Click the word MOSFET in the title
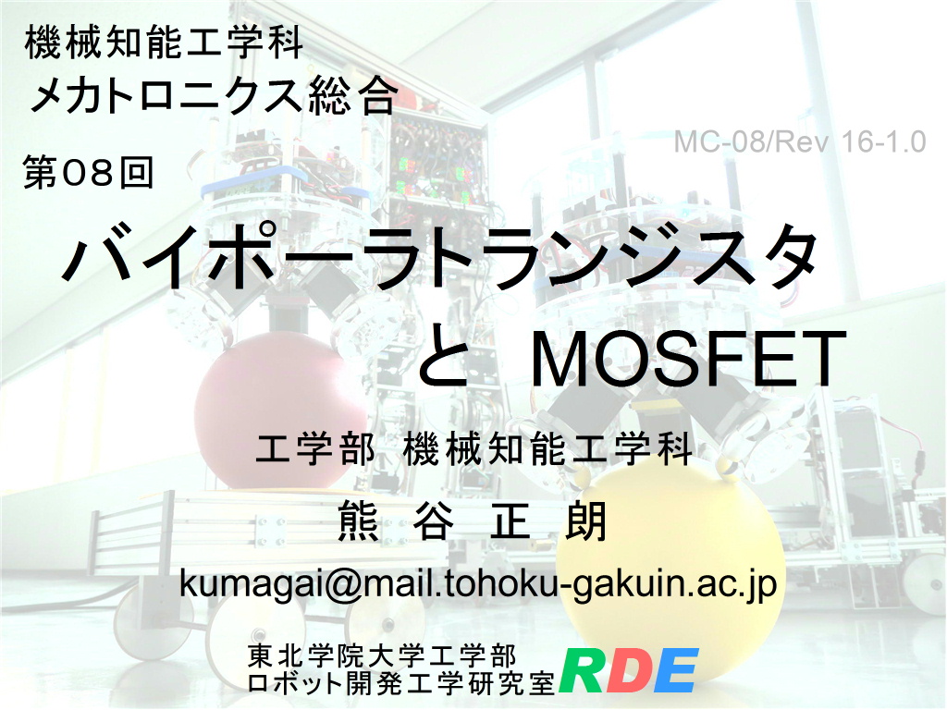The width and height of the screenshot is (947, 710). click(x=688, y=360)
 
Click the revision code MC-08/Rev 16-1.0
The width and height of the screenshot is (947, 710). click(x=800, y=142)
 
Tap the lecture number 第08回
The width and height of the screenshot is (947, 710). click(x=88, y=172)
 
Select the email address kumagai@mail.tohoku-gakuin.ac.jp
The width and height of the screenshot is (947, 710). click(x=478, y=583)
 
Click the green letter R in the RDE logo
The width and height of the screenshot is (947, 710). click(x=584, y=670)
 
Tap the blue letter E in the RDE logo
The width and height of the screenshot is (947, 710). click(x=675, y=670)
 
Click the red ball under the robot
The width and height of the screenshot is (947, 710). click(x=282, y=410)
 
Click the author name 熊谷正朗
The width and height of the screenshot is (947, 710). click(x=473, y=520)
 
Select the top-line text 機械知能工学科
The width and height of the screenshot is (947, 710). click(x=164, y=43)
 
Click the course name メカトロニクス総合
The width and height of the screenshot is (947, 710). click(x=213, y=95)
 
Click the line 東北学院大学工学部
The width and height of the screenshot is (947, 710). click(x=382, y=656)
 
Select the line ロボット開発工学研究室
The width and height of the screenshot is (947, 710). click(x=401, y=682)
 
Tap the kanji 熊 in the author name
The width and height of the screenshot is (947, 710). click(x=359, y=520)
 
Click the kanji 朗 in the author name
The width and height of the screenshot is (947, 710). click(x=585, y=520)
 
